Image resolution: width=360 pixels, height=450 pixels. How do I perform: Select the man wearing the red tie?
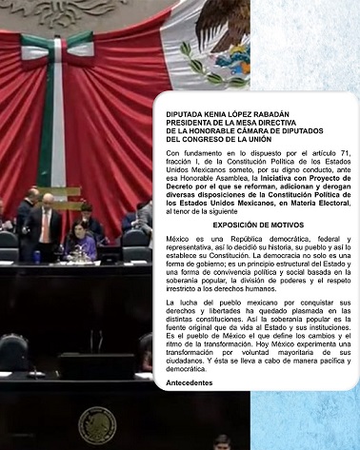(45, 228)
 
